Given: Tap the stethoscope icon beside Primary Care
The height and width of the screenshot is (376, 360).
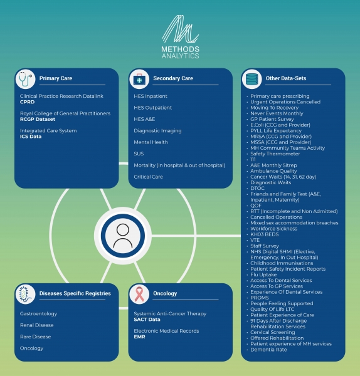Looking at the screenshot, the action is (x=26, y=79).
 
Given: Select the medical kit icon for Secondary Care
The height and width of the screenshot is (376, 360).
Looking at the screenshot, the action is (x=139, y=79).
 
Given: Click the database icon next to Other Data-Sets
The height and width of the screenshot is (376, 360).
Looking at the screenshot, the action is (x=251, y=79).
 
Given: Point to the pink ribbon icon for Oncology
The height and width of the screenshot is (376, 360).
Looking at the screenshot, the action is (x=139, y=294).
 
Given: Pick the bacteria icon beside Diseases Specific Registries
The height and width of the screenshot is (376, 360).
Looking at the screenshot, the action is (x=26, y=294).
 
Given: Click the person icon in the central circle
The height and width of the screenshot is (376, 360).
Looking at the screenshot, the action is (x=123, y=236).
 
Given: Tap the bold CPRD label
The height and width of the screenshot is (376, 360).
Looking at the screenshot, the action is (x=28, y=102).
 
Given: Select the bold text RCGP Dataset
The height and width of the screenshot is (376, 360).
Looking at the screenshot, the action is (x=38, y=119).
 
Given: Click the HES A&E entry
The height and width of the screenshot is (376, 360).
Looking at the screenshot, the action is (x=144, y=119).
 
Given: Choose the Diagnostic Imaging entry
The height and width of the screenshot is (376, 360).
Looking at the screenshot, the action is (x=157, y=131).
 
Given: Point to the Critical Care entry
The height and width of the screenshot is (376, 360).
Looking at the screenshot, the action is (x=148, y=177).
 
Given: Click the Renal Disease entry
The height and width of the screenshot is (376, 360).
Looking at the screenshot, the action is (x=37, y=325).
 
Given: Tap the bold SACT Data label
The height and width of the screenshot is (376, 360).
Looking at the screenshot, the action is (x=147, y=320).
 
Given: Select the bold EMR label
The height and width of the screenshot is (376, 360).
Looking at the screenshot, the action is (x=139, y=337).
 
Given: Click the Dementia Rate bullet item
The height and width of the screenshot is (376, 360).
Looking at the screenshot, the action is (x=268, y=350).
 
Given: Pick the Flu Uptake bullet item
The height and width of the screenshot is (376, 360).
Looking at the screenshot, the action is (x=263, y=275).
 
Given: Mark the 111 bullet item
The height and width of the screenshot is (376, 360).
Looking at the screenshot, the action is (x=253, y=159).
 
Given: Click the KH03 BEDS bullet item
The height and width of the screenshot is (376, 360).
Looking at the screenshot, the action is (x=265, y=234).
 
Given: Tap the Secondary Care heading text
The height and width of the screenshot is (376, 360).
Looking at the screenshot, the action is (x=173, y=78).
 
